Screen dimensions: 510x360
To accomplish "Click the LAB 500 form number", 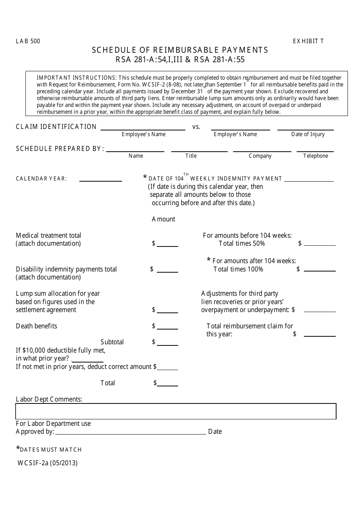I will (28, 41).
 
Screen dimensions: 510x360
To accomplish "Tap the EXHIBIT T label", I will (308, 41).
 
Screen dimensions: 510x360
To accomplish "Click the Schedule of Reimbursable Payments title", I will (180, 50).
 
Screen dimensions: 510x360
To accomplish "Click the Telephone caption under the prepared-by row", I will (315, 156).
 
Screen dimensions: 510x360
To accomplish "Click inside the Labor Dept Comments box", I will (176, 411).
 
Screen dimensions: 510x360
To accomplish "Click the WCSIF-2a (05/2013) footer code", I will (47, 463).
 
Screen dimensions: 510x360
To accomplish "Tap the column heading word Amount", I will (163, 219).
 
